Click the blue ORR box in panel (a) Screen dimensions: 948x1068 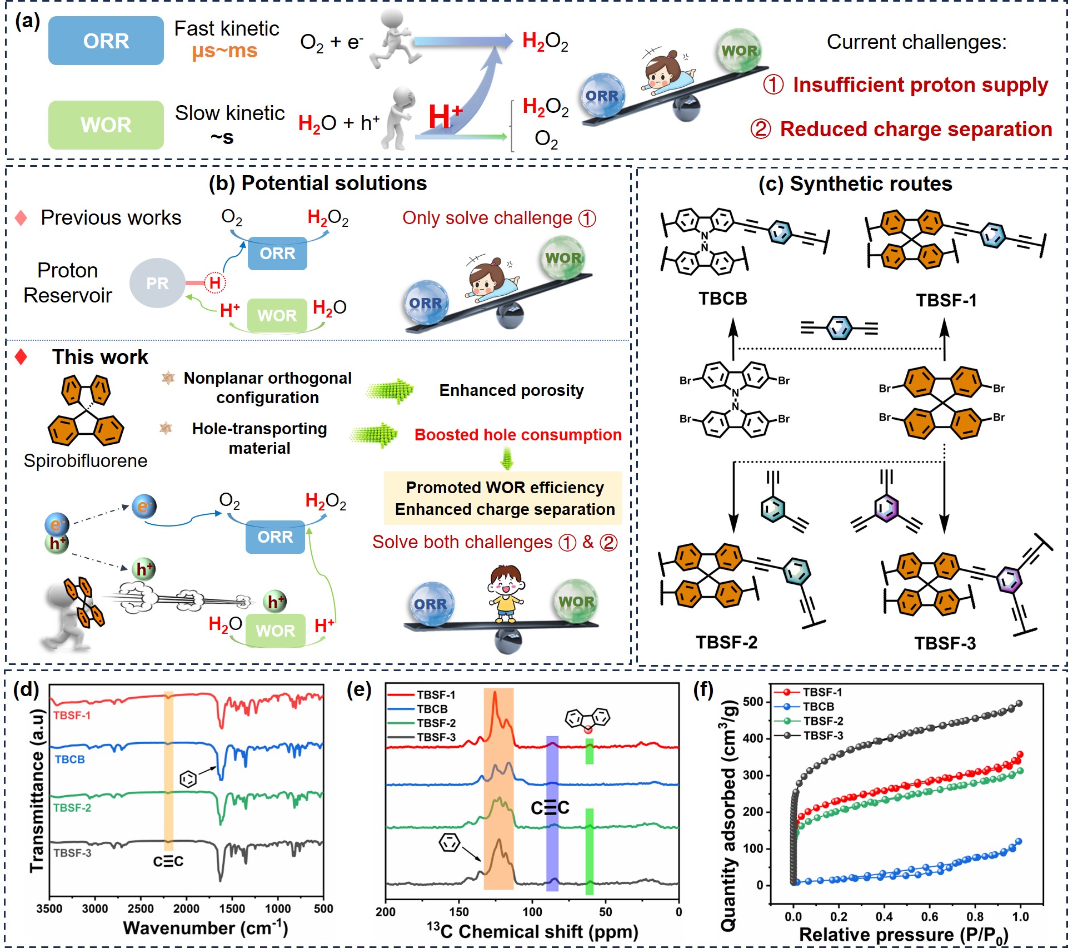106,41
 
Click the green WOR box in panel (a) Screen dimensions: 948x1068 106,125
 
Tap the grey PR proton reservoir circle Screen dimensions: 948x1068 157,283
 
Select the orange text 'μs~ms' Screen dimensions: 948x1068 224,51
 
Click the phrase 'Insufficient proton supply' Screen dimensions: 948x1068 920,85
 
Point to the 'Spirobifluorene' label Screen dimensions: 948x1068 86,460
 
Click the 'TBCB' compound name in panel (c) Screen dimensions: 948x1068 722,299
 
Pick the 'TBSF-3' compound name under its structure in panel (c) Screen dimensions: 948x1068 945,643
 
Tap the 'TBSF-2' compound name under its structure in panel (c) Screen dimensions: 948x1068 726,642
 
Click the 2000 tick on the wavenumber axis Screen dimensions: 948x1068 186,909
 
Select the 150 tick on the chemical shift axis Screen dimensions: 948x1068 459,912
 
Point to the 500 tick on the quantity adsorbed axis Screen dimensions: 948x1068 753,702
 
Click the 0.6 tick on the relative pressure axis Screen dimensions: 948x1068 930,916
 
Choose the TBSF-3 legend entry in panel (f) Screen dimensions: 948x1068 822,736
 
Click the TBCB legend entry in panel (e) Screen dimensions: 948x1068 432,709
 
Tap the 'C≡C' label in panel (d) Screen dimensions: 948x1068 168,861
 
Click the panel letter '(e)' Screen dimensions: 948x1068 359,690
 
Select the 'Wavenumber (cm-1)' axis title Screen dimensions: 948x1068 206,928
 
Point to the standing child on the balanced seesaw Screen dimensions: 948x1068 506,593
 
